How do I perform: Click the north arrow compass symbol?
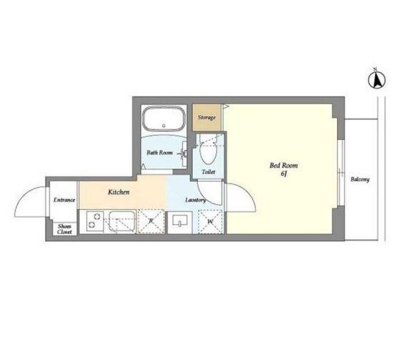point(377,79)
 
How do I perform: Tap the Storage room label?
point(207,118)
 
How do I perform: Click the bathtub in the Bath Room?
point(164,119)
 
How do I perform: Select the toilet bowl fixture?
point(209,152)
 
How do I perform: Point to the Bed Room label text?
point(284,166)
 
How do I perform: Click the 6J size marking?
point(284,174)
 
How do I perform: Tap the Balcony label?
point(360,179)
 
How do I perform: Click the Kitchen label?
point(119,192)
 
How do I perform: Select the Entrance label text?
point(64,200)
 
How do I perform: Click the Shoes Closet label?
point(64,229)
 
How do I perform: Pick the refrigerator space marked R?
point(151,221)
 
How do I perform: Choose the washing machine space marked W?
point(210,222)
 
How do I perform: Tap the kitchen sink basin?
point(121,221)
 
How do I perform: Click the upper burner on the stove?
point(97,216)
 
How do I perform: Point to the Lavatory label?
point(195,200)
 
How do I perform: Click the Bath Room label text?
point(159,152)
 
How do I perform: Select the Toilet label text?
point(209,172)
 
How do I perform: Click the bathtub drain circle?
point(164,126)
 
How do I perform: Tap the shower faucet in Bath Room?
point(184,154)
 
